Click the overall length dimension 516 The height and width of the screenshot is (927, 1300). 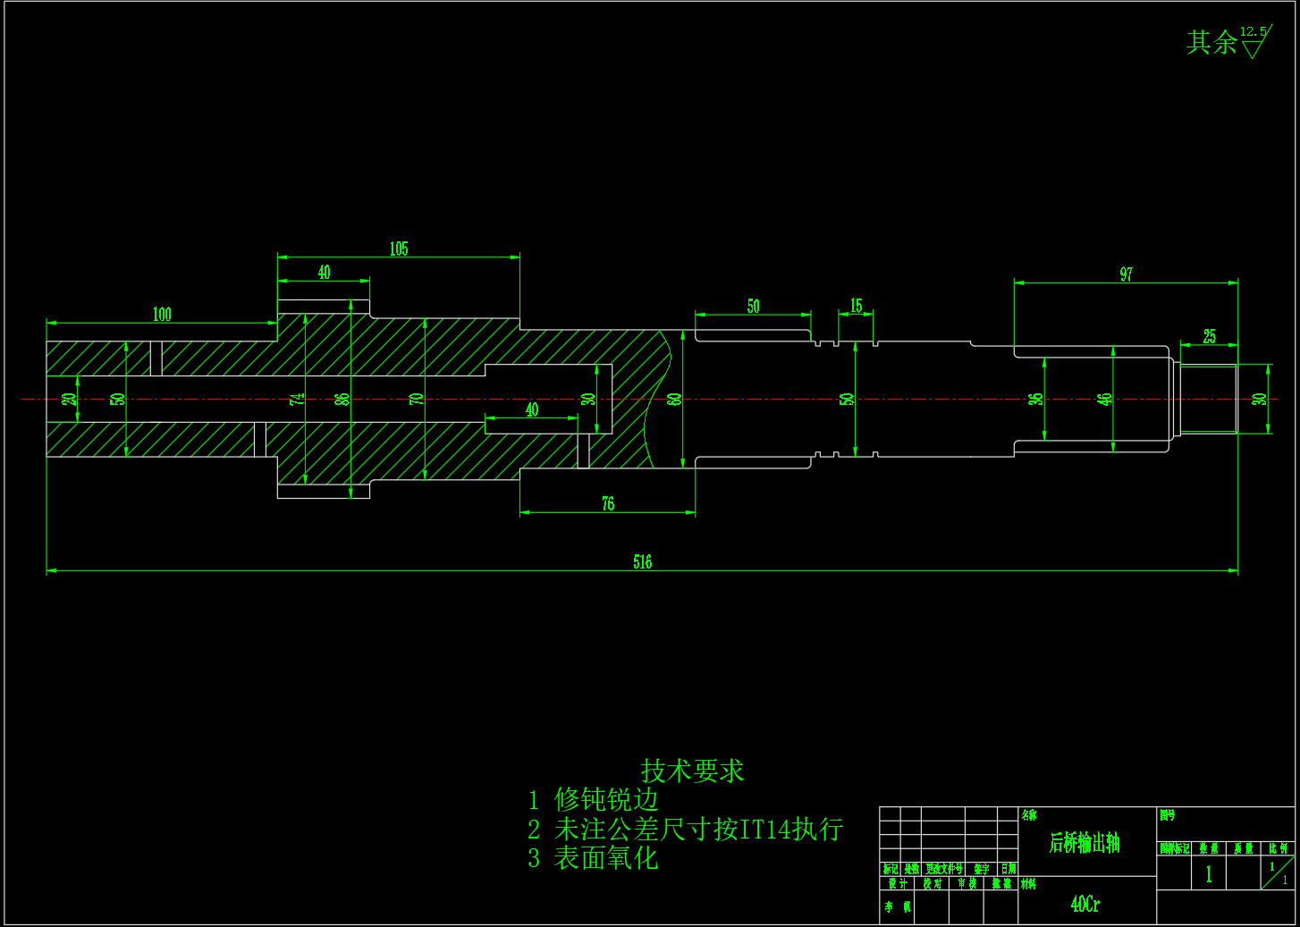(642, 561)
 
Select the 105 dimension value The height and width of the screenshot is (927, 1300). (399, 249)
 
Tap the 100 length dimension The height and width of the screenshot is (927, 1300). (162, 314)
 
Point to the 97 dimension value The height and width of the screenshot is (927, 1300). (1126, 274)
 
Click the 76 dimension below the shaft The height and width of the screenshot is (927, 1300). (608, 504)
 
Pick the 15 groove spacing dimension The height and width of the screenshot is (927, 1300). (856, 306)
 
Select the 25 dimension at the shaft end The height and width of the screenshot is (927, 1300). (1209, 336)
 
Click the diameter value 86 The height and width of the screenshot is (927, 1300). (342, 399)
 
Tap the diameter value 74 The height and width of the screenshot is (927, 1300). (298, 399)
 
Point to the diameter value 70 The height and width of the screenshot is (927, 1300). (417, 399)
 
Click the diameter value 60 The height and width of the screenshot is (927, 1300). (675, 399)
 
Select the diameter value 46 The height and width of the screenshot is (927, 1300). (1105, 399)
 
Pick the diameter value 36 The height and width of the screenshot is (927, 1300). (1036, 399)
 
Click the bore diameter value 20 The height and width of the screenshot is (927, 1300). (69, 399)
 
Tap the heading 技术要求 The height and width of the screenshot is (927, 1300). (692, 771)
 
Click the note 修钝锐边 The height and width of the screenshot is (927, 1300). (606, 799)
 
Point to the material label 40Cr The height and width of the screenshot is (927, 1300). (1085, 904)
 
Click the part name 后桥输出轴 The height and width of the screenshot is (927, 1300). (1085, 843)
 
